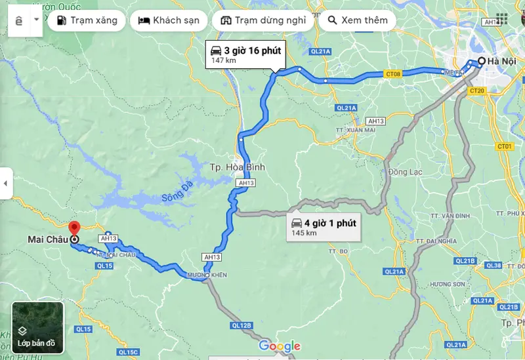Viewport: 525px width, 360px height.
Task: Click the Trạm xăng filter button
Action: click(x=87, y=20)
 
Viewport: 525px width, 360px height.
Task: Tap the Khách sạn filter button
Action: click(x=168, y=20)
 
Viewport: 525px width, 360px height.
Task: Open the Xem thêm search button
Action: click(x=357, y=20)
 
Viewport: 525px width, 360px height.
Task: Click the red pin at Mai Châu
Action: click(x=73, y=229)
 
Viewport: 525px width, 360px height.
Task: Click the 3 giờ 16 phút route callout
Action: click(x=245, y=54)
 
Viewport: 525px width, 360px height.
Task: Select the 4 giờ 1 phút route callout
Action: click(x=324, y=227)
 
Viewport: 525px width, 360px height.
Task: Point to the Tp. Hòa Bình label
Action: click(x=238, y=167)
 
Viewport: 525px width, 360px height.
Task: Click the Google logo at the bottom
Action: click(x=280, y=346)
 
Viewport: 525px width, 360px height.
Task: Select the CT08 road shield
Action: click(x=393, y=74)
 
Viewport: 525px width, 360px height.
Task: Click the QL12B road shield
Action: click(x=241, y=325)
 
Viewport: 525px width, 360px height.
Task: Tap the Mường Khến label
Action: click(x=207, y=275)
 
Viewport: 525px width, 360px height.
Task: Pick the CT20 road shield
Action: click(x=477, y=90)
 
